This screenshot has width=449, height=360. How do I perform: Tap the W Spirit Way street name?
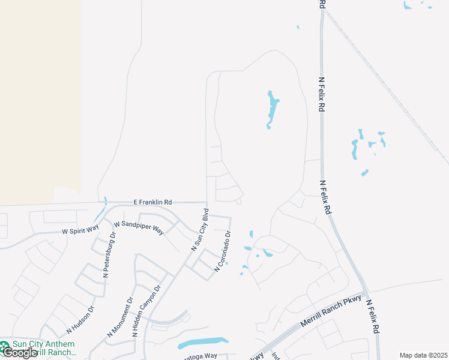80,230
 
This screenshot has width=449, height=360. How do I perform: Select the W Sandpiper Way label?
139,227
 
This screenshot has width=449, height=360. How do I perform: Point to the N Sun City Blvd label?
200,229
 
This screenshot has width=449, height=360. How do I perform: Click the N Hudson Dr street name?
81,320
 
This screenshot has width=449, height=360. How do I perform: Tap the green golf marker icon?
5,346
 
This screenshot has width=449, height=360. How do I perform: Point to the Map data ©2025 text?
423,355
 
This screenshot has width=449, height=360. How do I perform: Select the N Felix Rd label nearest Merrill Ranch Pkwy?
373,317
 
